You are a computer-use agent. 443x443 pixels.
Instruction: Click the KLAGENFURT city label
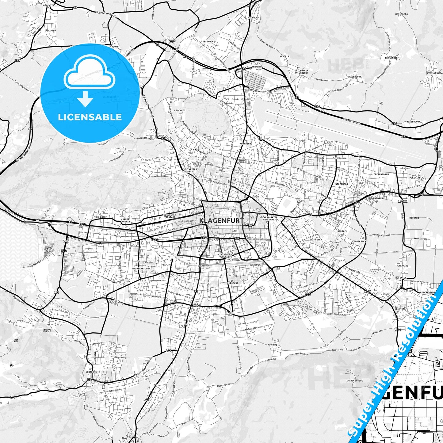(x=221, y=220)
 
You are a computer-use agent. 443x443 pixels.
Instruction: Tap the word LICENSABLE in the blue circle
(x=90, y=117)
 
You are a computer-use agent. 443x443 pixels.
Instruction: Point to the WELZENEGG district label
(x=342, y=184)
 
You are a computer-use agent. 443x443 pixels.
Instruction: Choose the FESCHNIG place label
(x=179, y=110)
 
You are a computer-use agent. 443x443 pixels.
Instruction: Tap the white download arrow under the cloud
(x=85, y=99)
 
